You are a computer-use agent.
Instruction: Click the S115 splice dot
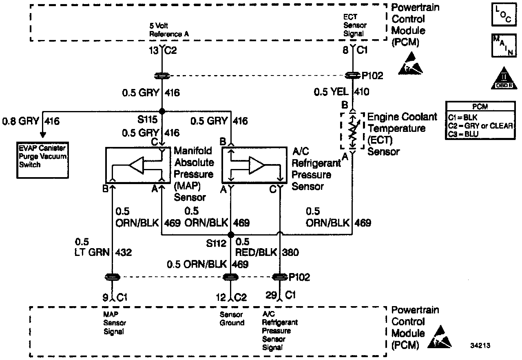coord(162,111)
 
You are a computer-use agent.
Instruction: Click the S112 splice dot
coord(231,235)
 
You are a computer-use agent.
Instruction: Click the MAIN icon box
coord(502,45)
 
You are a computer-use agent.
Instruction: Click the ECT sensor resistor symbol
coord(353,131)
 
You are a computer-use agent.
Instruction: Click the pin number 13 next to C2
coord(155,51)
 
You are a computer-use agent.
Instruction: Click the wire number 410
coord(362,92)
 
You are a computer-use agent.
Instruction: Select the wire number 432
coord(124,253)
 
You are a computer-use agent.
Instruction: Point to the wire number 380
coord(290,253)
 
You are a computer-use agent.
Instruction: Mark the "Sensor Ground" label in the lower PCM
coord(232,319)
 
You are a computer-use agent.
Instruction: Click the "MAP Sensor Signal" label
coord(115,323)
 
